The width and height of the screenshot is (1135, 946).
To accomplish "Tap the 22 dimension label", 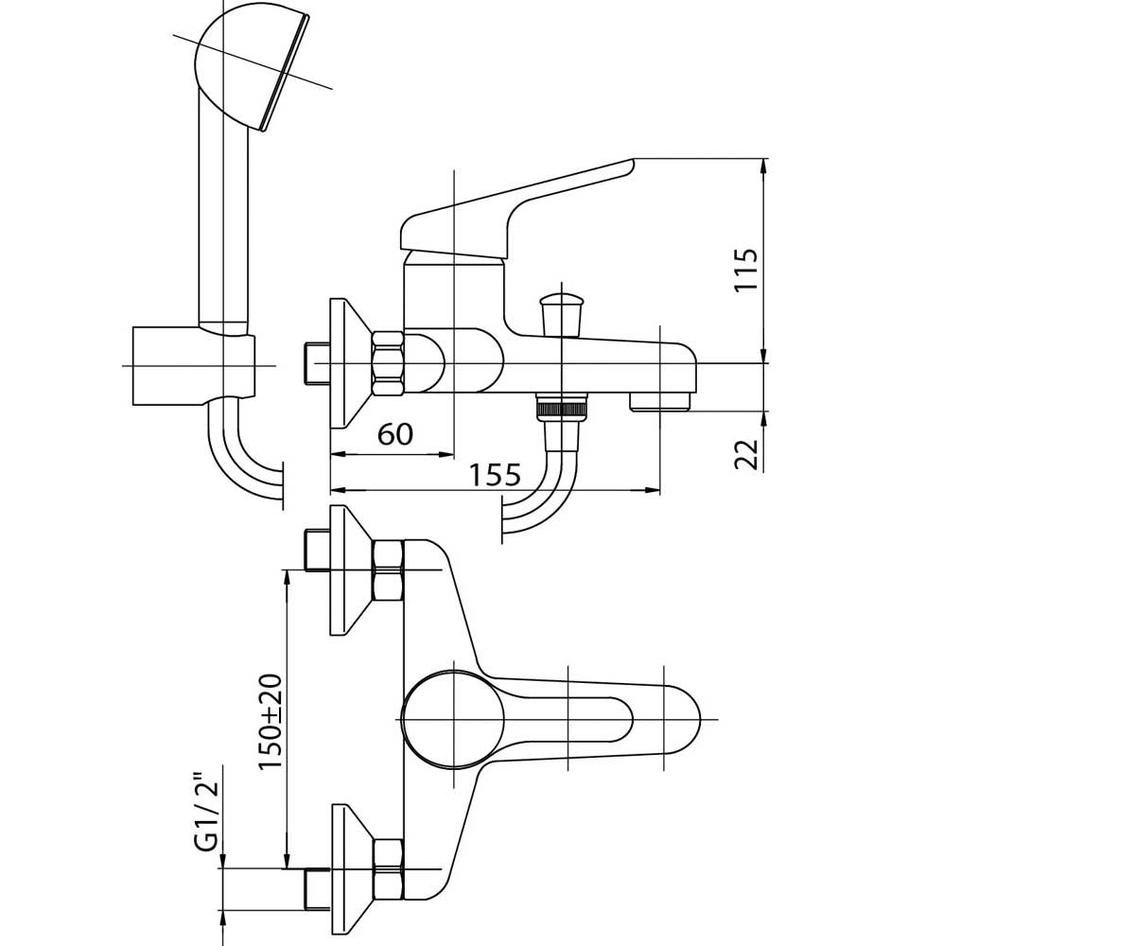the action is coord(746,454).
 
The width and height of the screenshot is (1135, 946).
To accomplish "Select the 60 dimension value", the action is coord(395,434).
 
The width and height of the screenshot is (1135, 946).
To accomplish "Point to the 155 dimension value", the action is coord(495,475).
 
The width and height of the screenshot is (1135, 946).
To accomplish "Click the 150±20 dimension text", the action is coord(271,722).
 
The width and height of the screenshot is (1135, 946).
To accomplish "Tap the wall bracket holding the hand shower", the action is coord(194,366).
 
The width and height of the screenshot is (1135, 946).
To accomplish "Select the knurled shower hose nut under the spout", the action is coord(562,408).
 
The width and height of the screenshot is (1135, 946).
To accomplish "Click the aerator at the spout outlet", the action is coord(660,402).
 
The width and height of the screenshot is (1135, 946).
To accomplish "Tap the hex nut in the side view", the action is coord(388,363).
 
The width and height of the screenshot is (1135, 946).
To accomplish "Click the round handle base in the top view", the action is coord(453,719).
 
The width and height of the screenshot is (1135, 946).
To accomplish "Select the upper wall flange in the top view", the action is coord(351,569).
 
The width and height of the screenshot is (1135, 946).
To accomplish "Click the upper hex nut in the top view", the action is coord(388,569).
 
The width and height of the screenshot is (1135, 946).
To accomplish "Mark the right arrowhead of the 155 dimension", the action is coord(653,490).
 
